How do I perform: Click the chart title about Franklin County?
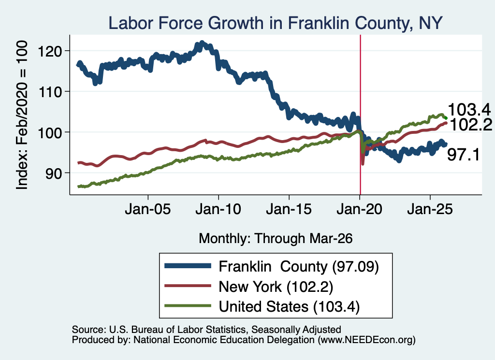pyautogui.click(x=275, y=23)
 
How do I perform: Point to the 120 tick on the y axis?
pyautogui.click(x=50, y=51)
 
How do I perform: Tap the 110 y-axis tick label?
pyautogui.click(x=50, y=91)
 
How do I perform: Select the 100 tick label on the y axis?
pyautogui.click(x=50, y=132)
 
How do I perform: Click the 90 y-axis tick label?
pyautogui.click(x=53, y=173)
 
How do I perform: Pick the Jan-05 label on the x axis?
pyautogui.click(x=148, y=209)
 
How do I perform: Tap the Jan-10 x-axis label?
pyautogui.click(x=218, y=209)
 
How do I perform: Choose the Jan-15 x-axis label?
pyautogui.click(x=289, y=209)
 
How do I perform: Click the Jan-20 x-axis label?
pyautogui.click(x=360, y=209)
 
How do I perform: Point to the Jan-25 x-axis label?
pyautogui.click(x=430, y=209)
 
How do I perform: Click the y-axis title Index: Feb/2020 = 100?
pyautogui.click(x=22, y=115)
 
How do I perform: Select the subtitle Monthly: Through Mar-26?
pyautogui.click(x=276, y=239)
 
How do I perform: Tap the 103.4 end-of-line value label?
pyautogui.click(x=469, y=110)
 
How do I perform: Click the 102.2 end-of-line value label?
pyautogui.click(x=470, y=125)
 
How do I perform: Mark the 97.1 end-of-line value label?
pyautogui.click(x=464, y=155)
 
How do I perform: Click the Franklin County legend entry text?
pyautogui.click(x=299, y=267)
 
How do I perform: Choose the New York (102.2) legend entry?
pyautogui.click(x=276, y=287)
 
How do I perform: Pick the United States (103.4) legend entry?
pyautogui.click(x=289, y=307)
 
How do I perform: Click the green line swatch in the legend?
pyautogui.click(x=188, y=305)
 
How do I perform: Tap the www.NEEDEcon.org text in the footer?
pyautogui.click(x=366, y=340)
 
